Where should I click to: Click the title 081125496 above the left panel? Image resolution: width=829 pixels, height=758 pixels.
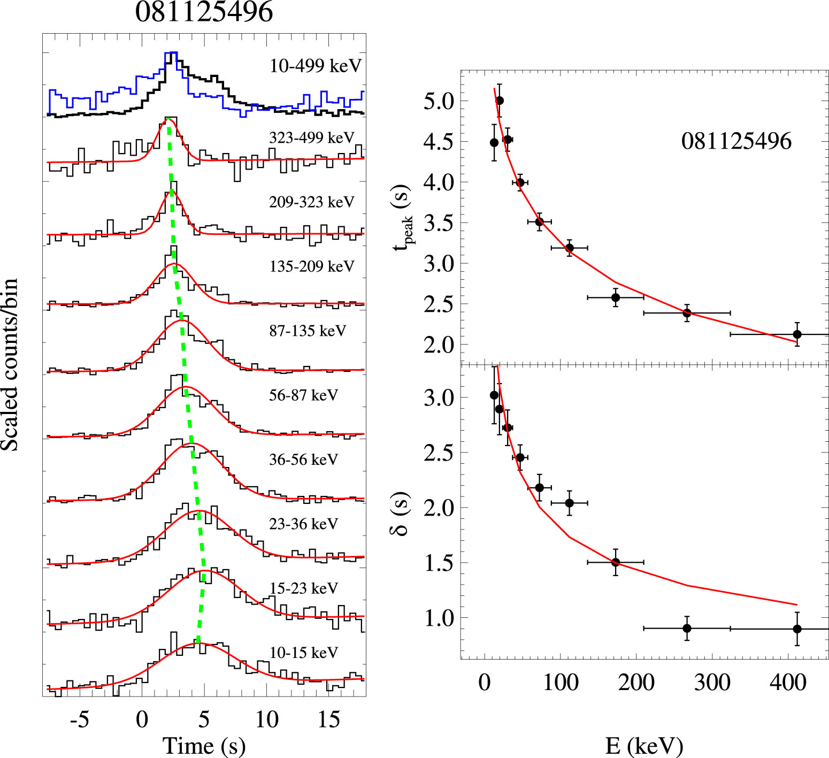[x=204, y=12]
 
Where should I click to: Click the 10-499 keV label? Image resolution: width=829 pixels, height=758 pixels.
[x=316, y=66]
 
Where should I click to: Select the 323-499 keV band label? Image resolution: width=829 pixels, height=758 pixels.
[x=312, y=138]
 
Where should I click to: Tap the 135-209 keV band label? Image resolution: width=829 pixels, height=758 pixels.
[x=312, y=266]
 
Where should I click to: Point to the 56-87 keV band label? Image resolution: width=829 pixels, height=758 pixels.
[x=304, y=395]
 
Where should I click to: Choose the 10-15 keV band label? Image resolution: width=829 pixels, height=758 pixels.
[x=304, y=653]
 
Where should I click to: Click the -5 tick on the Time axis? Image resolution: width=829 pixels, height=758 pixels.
[x=79, y=720]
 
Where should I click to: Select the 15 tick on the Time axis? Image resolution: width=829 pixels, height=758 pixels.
[x=328, y=720]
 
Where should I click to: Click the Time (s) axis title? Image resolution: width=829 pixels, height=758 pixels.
[x=204, y=746]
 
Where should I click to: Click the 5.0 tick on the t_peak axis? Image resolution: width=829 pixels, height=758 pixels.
[x=439, y=101]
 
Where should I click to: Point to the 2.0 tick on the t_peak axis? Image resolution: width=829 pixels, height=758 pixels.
[x=439, y=345]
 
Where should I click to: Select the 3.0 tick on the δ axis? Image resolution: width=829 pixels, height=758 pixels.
[x=439, y=398]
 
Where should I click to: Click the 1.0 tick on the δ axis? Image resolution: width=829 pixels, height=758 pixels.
[x=439, y=618]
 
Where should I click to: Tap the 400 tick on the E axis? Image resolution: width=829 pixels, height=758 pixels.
[x=788, y=683]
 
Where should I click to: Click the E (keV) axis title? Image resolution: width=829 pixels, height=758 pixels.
[x=644, y=746]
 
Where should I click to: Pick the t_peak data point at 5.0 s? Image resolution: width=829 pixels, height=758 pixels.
[x=500, y=101]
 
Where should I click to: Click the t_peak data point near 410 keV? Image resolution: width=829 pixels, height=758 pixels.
[x=797, y=334]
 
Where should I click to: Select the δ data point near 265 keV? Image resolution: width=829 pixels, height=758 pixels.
[x=687, y=629]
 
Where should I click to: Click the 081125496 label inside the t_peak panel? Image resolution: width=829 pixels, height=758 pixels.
[x=736, y=142]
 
